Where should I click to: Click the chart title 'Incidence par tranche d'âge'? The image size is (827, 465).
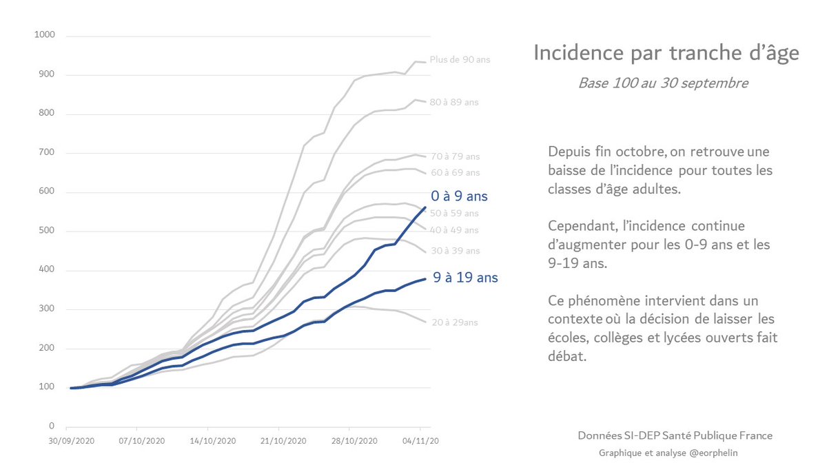point(666,53)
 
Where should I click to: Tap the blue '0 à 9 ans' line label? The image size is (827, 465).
point(460,196)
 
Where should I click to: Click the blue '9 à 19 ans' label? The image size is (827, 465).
point(464,278)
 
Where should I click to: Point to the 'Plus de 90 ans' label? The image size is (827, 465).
point(460,60)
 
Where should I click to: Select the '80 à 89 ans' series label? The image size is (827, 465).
point(453,102)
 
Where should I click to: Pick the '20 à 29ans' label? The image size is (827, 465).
point(454,322)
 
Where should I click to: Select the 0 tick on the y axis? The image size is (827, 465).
point(52,427)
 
